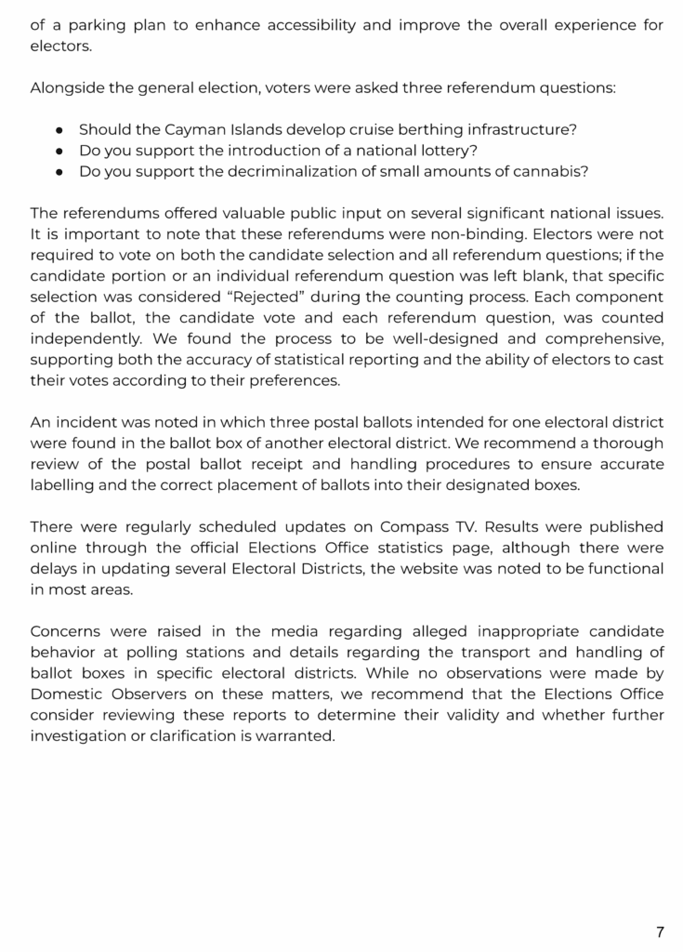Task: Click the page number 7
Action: point(660,932)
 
